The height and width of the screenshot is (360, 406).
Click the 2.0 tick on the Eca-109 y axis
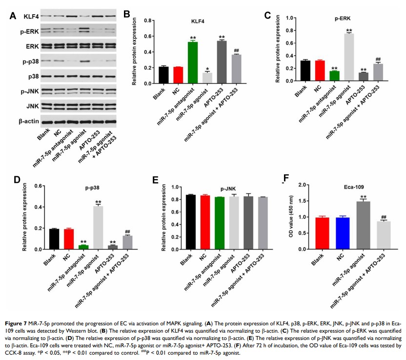point(304,185)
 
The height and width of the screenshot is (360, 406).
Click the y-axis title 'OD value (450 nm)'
point(293,217)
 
